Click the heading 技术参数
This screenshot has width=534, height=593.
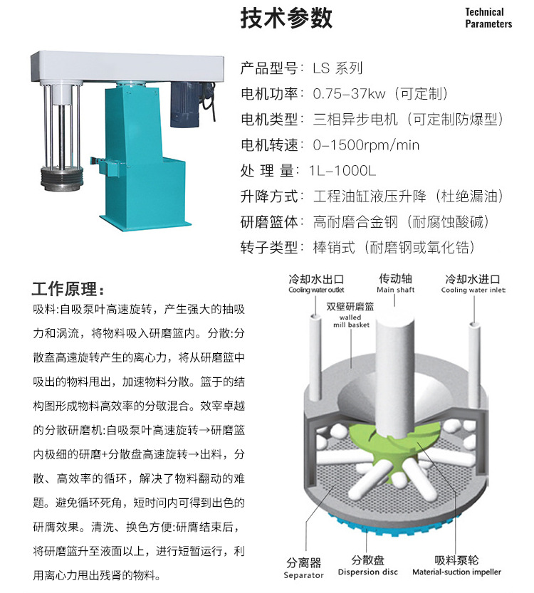[287, 19]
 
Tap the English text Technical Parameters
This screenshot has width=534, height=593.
[488, 18]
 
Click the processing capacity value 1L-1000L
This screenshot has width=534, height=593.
[342, 171]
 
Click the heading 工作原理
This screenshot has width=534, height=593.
[68, 290]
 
